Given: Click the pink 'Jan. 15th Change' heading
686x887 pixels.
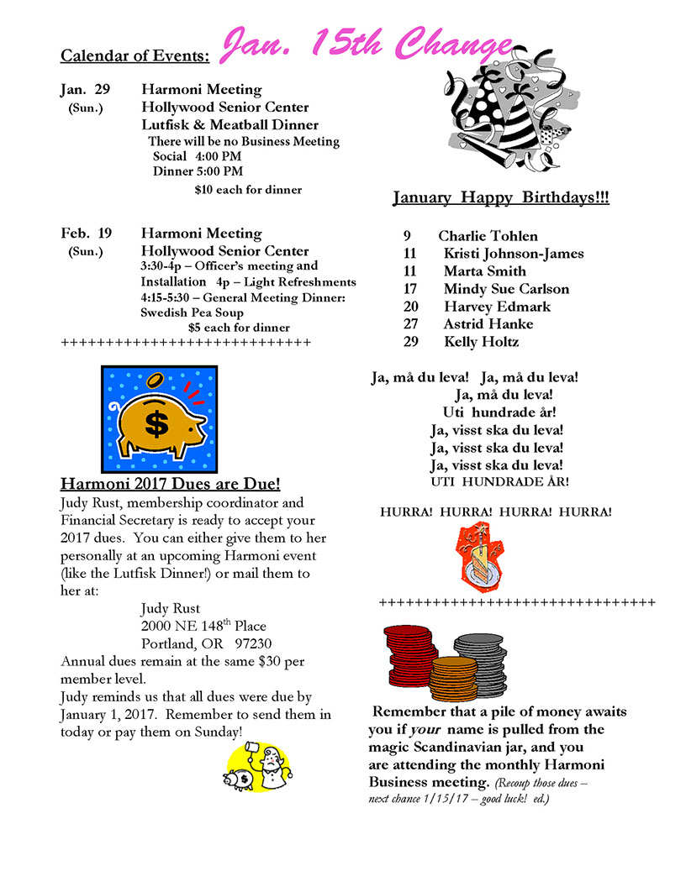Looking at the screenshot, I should [x=367, y=44].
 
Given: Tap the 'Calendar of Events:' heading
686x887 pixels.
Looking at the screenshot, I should [x=135, y=56].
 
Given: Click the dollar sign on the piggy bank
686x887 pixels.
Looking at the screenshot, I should [x=156, y=423].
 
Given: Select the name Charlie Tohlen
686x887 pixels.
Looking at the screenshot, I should [x=488, y=236].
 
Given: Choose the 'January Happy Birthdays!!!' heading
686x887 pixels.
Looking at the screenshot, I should [x=501, y=198].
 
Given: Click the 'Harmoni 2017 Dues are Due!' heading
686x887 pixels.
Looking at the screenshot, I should [x=171, y=485].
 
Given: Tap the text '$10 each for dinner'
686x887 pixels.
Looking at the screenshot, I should [x=248, y=190].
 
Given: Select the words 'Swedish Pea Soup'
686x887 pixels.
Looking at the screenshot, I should [x=193, y=312].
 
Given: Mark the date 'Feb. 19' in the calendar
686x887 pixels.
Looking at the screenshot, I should [x=86, y=234].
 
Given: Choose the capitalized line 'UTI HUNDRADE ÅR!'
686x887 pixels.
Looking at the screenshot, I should [x=499, y=482].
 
